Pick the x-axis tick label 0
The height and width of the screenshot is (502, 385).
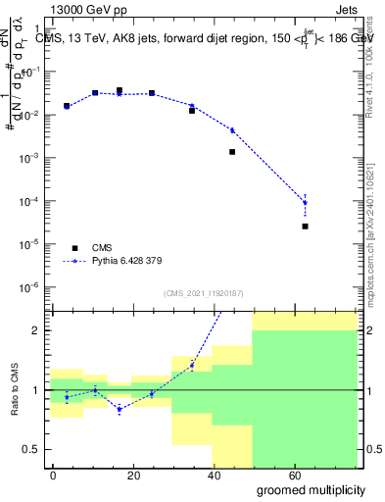[x=53, y=474]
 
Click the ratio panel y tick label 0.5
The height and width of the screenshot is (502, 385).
[x=30, y=449]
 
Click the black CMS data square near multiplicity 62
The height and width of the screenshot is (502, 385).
[x=306, y=226]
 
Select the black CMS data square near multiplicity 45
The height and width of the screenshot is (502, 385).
[x=232, y=152]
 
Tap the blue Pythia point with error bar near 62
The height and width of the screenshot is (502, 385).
[x=306, y=202]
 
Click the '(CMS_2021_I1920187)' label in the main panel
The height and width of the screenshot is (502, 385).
[x=203, y=292]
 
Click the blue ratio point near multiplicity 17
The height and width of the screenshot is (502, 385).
[x=120, y=409]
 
